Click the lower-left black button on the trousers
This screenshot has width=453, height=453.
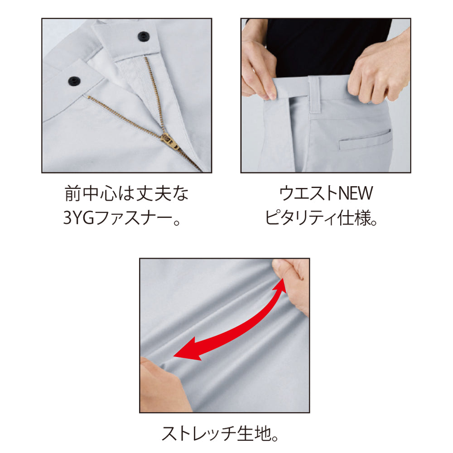(x=74, y=81)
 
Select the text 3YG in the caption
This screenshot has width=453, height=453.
(x=78, y=218)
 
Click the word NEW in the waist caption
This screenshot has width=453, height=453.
(x=356, y=193)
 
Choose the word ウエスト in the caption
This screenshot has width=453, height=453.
(x=308, y=193)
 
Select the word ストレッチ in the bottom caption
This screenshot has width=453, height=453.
(x=199, y=434)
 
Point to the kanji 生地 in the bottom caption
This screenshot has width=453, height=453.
(x=254, y=434)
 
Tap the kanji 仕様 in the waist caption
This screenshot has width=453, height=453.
(x=354, y=218)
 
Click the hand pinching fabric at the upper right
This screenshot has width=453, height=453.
(x=291, y=286)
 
